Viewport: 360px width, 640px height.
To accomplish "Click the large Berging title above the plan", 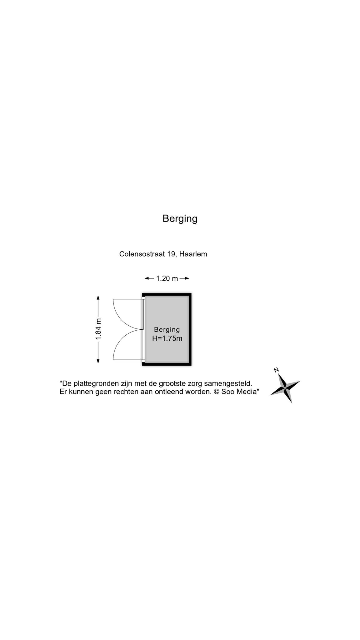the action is pos(180,219).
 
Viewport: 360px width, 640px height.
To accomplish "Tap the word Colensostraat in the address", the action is pos(142,254).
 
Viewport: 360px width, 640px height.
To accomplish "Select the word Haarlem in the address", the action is pos(193,254).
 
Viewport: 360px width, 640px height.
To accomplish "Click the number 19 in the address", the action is pos(172,254).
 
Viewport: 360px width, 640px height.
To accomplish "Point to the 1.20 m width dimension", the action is pos(167,278).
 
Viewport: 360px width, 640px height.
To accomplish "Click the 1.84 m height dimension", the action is pos(98,329).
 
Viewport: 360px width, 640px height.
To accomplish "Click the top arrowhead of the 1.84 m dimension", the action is pos(98,298).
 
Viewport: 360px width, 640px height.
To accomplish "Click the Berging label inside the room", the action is pos(167,330).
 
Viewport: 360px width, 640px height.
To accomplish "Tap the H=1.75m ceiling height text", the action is pos(167,338).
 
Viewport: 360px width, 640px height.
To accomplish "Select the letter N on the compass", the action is pos(276,370).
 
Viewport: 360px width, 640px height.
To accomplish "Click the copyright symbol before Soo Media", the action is pos(217,392).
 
